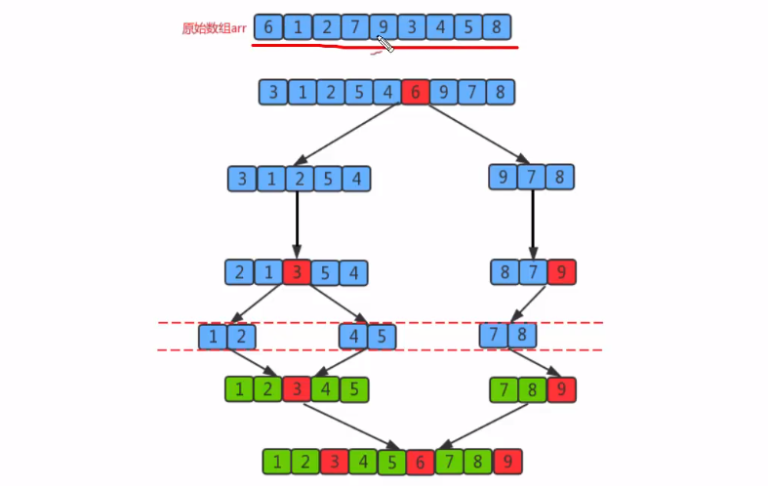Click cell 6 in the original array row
(267, 27)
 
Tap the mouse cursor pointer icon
(384, 43)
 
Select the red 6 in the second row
(415, 93)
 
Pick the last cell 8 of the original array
(498, 27)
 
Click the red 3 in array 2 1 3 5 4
(297, 272)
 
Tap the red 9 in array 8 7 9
(561, 272)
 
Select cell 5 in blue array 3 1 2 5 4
(330, 180)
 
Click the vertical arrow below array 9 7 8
(532, 224)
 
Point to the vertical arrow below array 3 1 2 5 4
(297, 225)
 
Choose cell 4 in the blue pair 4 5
(354, 337)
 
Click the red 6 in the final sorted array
(421, 462)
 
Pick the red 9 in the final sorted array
(507, 462)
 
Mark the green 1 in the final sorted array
(277, 462)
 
